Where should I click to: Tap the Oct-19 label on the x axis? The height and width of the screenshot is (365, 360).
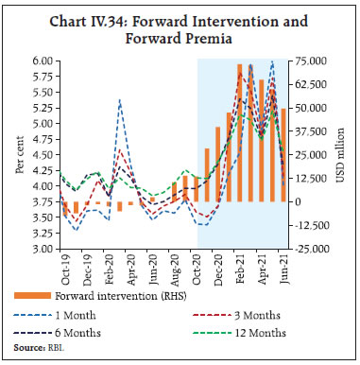tap(65, 269)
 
